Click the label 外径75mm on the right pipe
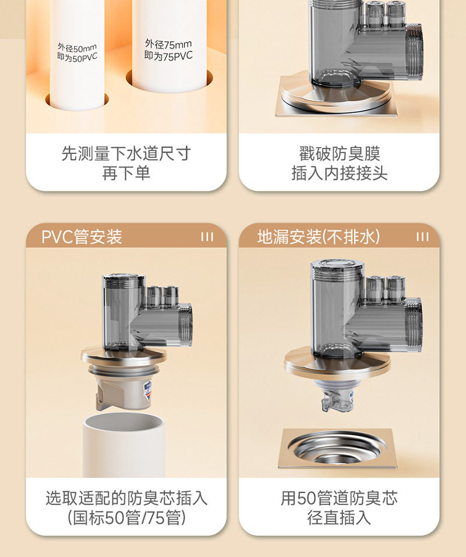coord(168,44)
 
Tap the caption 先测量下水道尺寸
coord(126,154)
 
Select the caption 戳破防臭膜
coord(339,154)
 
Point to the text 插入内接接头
coord(339,173)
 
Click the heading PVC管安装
coord(82,237)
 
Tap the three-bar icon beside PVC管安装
coord(207,237)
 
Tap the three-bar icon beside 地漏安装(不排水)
coord(422,237)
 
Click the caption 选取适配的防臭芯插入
coord(126,498)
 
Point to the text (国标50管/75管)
coord(126,517)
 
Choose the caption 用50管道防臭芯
coord(339,498)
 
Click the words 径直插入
coord(339,517)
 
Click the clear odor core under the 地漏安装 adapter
coord(337,396)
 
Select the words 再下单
coord(126,173)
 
